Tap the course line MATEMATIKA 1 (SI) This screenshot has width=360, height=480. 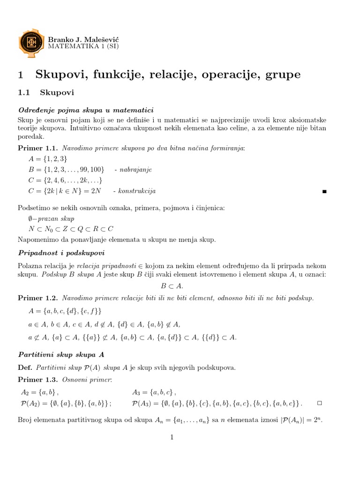point(83,46)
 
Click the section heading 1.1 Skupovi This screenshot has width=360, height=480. point(46,93)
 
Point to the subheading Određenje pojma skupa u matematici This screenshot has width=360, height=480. point(86,111)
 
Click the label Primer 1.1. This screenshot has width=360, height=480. point(36,148)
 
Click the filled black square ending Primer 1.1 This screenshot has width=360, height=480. point(324,192)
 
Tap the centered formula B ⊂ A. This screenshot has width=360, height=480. point(172,286)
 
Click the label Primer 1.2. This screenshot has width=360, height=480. point(36,298)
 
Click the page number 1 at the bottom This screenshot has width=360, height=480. point(172,437)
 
